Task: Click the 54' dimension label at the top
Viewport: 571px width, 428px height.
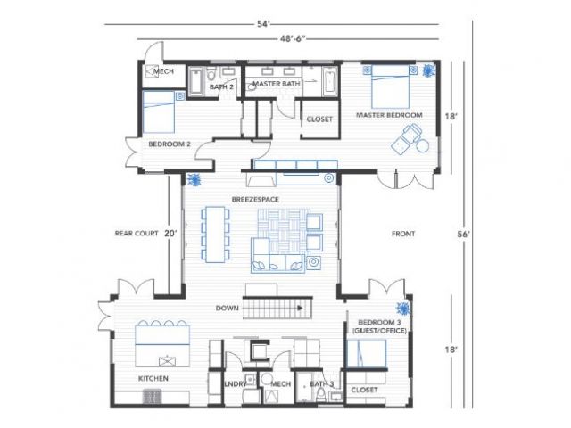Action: tap(263, 24)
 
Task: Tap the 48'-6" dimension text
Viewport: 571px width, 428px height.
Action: tap(293, 38)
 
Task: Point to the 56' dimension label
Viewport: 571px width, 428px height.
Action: tap(464, 235)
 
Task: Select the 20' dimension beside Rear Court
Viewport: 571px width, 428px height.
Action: tap(170, 234)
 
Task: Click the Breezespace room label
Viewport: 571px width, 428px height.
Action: tap(255, 200)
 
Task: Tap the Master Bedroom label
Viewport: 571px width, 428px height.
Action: tap(389, 115)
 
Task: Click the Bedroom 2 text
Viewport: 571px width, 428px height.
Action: tap(170, 144)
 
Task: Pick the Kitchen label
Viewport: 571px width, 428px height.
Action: tap(153, 378)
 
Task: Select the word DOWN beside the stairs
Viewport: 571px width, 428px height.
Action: tap(228, 308)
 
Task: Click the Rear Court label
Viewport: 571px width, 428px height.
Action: tap(137, 234)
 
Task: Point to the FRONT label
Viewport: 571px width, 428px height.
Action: tap(403, 234)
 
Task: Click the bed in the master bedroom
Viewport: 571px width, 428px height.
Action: tap(390, 86)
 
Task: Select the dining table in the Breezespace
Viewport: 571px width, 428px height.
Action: tap(215, 234)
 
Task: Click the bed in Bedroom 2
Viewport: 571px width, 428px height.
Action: tap(159, 111)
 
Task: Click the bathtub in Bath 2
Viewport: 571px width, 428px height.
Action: tap(195, 82)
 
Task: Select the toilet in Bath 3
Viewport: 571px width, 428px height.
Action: tap(321, 395)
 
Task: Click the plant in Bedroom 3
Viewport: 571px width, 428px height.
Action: tap(403, 309)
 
